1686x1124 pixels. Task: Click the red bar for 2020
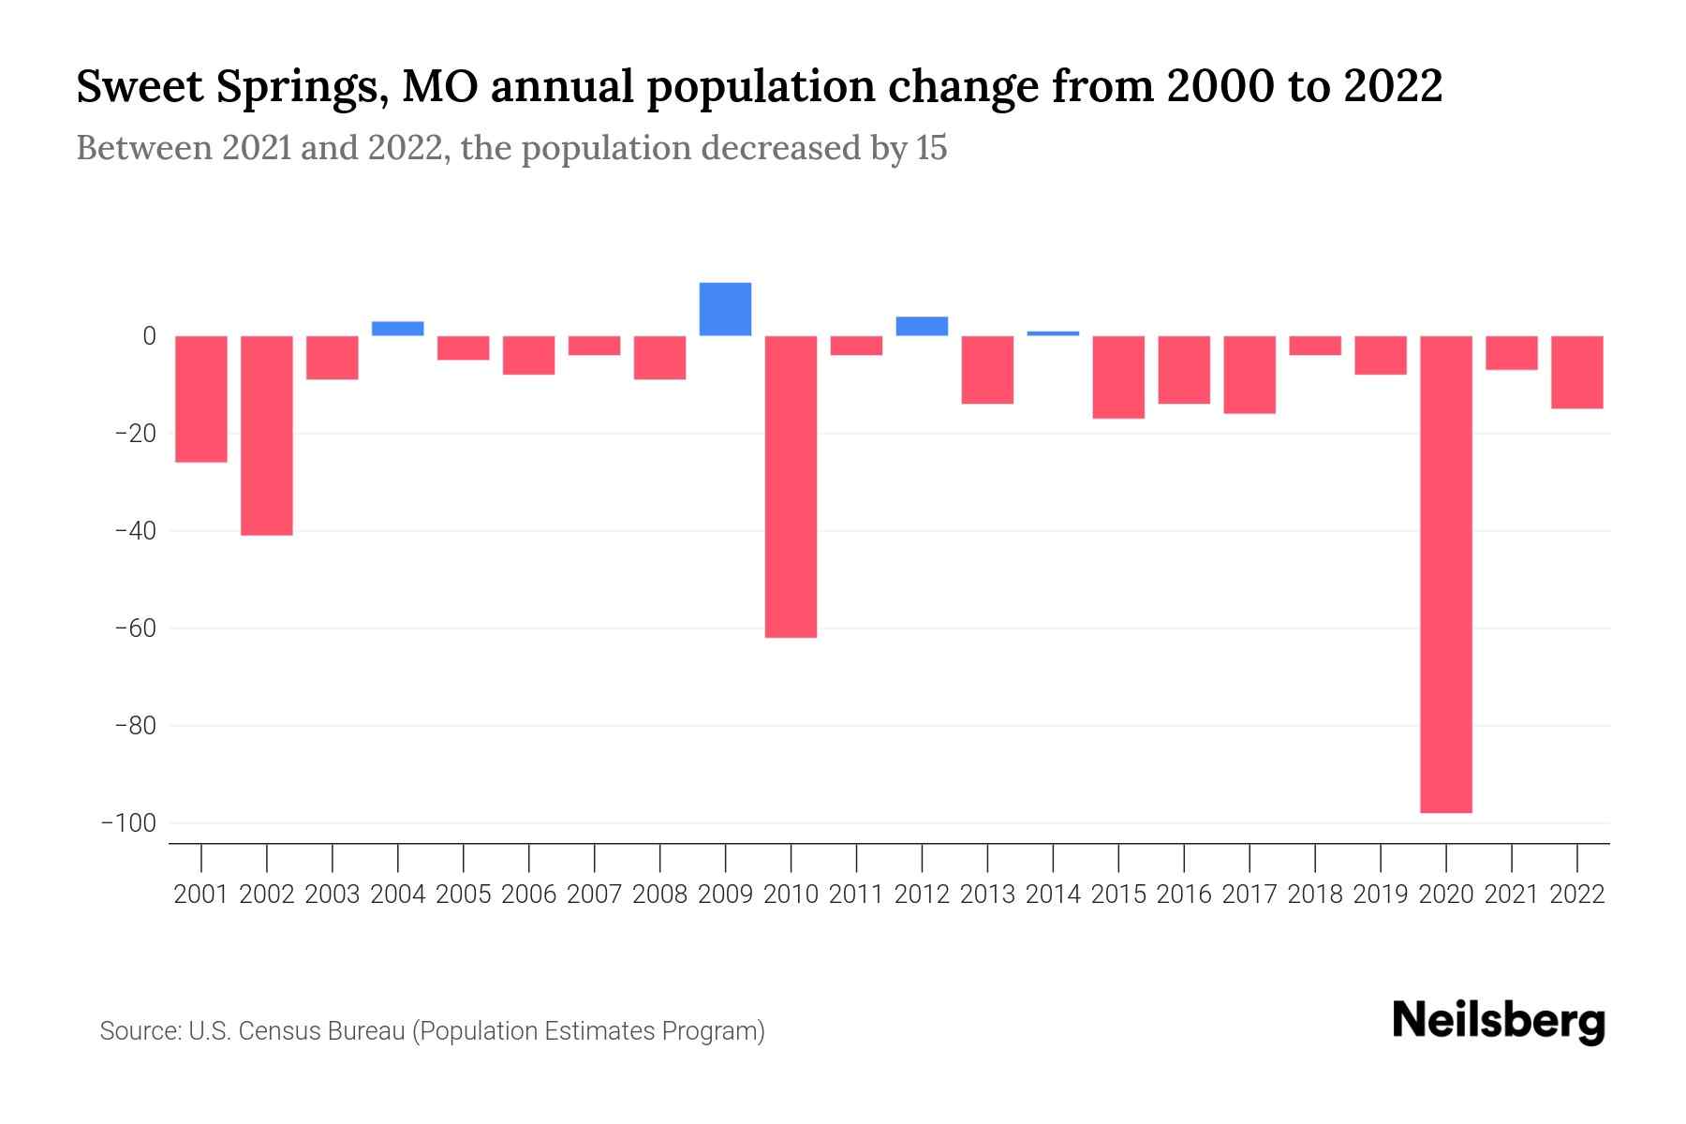1445,573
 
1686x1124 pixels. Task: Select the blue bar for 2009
725,309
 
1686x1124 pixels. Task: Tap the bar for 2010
791,486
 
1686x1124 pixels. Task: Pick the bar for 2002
267,436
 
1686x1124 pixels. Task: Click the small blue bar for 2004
397,329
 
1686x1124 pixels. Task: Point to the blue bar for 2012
922,326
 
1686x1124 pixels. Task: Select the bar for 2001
201,399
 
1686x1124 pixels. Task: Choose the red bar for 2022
1576,372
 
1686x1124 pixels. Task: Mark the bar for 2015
1118,377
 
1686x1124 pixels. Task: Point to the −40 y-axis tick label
135,531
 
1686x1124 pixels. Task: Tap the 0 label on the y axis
149,336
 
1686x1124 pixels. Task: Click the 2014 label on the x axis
1053,895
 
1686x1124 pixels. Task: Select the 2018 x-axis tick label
1315,895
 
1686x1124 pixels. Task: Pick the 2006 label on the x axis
529,895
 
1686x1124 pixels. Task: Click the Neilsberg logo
1499,1022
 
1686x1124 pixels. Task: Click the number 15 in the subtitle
931,148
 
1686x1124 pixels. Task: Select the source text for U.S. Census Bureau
297,1031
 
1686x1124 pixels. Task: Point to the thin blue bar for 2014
1053,333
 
